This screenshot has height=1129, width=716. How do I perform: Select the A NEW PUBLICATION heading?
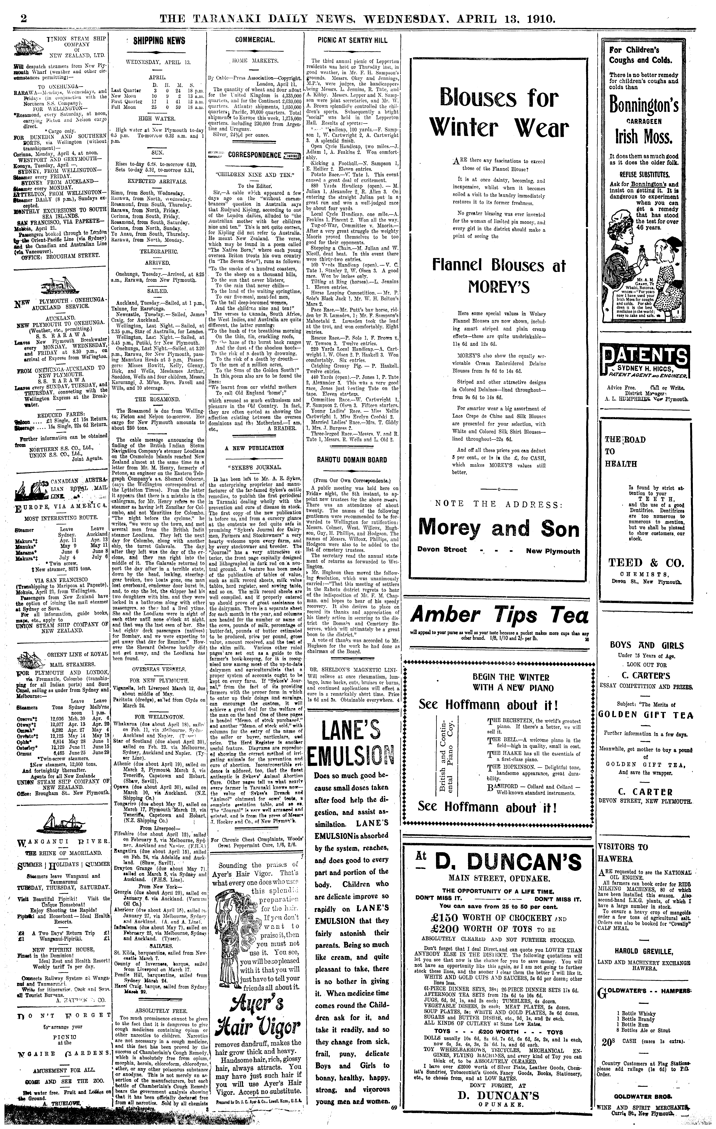pos(255,448)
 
